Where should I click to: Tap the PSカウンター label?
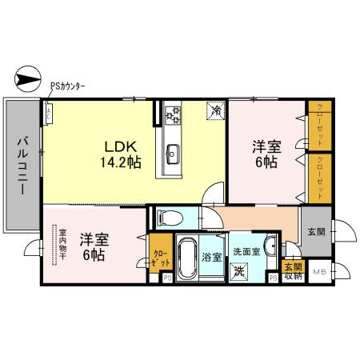(68, 86)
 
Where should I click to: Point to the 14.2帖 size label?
(122, 162)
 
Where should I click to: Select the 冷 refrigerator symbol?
(215, 112)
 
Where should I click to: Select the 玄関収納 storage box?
(292, 270)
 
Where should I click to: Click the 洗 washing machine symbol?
(238, 270)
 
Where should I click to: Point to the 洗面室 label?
(246, 251)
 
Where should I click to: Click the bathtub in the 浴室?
(189, 260)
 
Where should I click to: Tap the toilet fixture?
(169, 216)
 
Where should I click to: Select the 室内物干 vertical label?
(62, 246)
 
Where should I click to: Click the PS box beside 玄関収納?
(274, 278)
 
